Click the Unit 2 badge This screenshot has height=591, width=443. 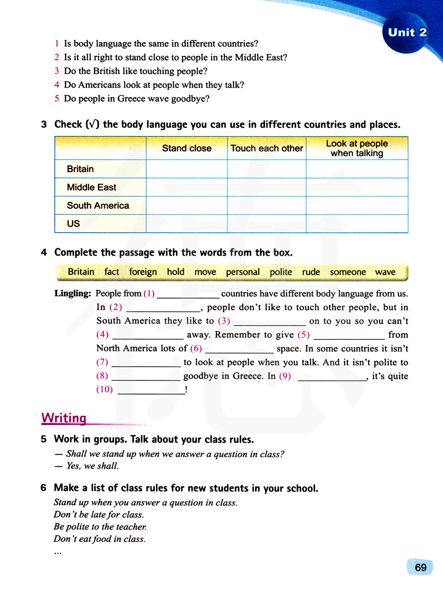coord(407,33)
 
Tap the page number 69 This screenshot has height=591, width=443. coord(420,568)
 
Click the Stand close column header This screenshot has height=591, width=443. coord(187,148)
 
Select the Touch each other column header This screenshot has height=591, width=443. coord(267,148)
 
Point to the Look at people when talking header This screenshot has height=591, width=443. coord(357,148)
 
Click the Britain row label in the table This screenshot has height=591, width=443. coord(80,169)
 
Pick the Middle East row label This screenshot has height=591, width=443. coord(91,187)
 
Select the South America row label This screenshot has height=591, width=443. coord(98,205)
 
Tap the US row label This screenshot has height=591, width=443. coord(74,223)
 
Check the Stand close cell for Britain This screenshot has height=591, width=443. coord(187,169)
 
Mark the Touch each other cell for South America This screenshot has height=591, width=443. coord(267,205)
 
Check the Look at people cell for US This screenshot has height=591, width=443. coord(357,223)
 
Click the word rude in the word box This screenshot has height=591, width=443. coord(311,272)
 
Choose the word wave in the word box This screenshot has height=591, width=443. coord(385,272)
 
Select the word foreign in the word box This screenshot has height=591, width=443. coord(143,272)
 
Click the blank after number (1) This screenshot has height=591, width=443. coord(188,294)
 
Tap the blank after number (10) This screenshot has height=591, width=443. coord(151,390)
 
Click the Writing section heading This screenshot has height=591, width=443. coord(64,418)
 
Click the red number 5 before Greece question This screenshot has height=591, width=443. coord(57,98)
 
